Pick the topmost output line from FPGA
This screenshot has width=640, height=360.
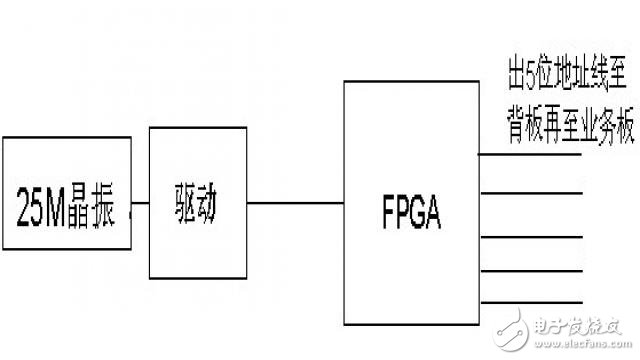click(529, 154)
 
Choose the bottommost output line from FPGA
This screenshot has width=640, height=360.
click(529, 301)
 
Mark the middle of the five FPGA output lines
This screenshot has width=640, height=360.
click(529, 238)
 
